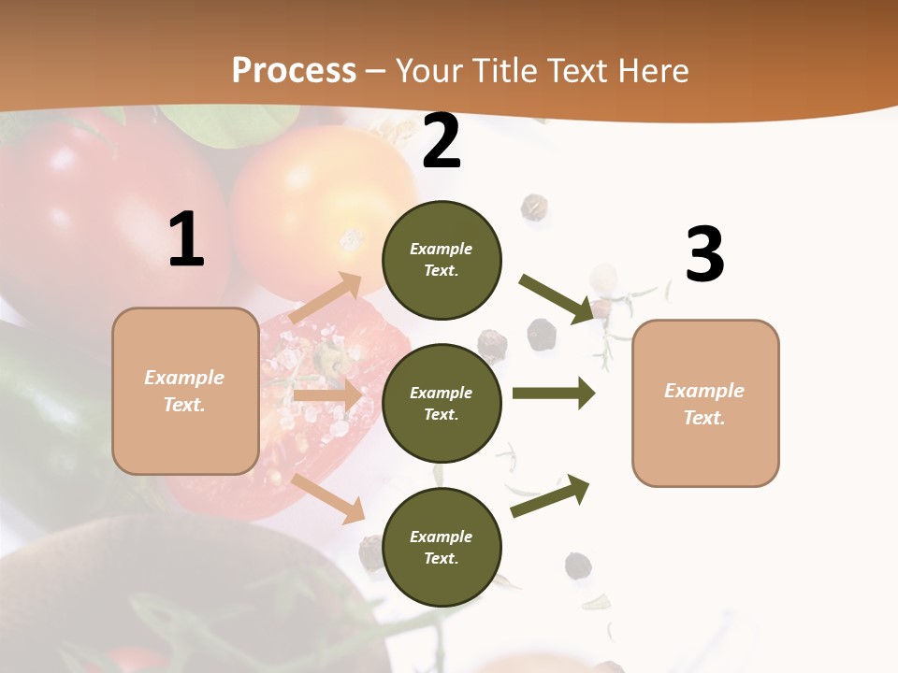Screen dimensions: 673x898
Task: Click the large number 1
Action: [186, 240]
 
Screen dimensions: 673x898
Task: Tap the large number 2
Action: [442, 142]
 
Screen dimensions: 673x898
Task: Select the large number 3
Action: [704, 254]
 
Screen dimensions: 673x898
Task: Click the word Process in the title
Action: [294, 70]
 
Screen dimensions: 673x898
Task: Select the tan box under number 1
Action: [185, 391]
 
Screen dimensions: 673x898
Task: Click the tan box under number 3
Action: [705, 403]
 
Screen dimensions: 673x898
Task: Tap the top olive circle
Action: [442, 260]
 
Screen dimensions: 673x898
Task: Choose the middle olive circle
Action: [442, 403]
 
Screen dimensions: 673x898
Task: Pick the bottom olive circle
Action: [442, 547]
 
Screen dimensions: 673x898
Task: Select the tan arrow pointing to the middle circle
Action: [327, 395]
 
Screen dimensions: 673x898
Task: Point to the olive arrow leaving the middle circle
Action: [554, 394]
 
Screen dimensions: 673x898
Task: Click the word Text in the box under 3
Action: [704, 418]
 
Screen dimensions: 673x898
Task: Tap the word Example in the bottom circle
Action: [442, 537]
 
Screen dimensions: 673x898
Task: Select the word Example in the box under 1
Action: [184, 378]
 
